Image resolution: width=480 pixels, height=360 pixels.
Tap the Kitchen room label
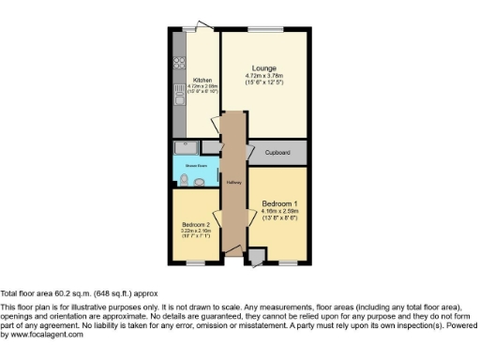coord(202,81)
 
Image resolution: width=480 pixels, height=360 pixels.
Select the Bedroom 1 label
coord(280,203)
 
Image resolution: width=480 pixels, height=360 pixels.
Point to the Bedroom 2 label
coord(194,224)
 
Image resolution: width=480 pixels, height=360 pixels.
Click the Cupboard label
coord(277,151)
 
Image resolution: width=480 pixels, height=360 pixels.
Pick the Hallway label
coord(232,182)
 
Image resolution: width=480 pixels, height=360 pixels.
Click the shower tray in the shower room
coord(186,147)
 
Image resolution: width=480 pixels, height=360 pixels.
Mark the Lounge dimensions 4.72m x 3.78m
coord(263,75)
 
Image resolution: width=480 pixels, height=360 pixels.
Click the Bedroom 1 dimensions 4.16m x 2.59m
coord(279,212)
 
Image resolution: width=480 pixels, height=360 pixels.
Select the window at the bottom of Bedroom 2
coord(195,263)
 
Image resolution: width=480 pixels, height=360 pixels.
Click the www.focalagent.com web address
coord(36,335)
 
